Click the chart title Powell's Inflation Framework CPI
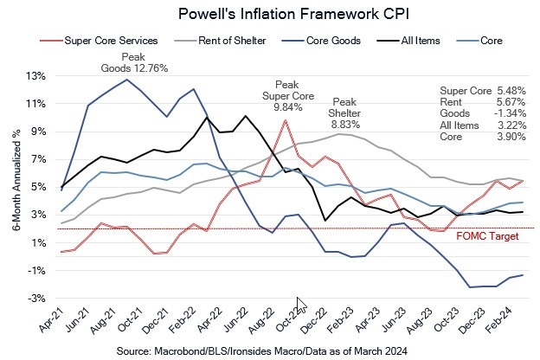269,15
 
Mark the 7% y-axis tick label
38,159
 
